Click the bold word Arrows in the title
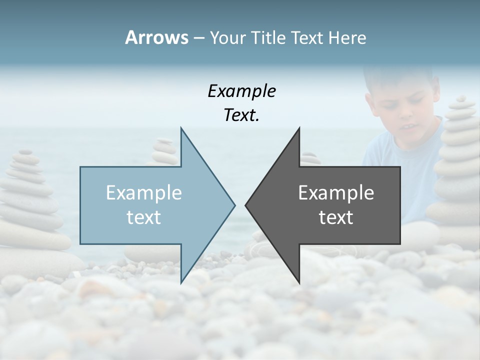156,37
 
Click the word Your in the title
227,38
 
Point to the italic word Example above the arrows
241,91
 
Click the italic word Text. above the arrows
241,115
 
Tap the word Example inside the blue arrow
144,192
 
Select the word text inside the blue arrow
144,217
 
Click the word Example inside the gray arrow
336,192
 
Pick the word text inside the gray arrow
336,217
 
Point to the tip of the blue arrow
234,204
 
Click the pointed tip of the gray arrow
246,204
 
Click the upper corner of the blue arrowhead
181,128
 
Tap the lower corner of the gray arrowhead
299,282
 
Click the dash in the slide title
198,38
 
